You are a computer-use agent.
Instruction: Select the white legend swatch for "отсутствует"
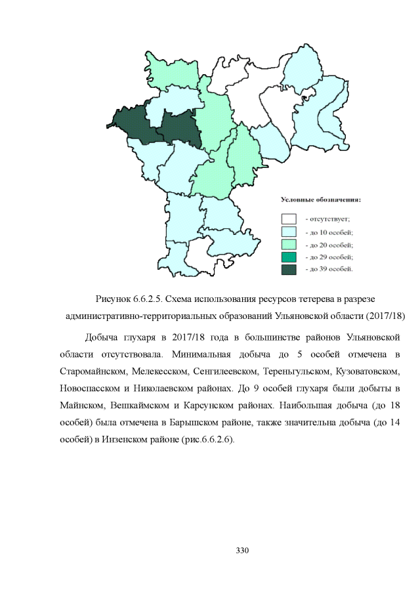(288, 219)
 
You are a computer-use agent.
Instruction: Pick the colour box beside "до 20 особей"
(288, 244)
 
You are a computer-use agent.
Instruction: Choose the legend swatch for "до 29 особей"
(288, 257)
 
